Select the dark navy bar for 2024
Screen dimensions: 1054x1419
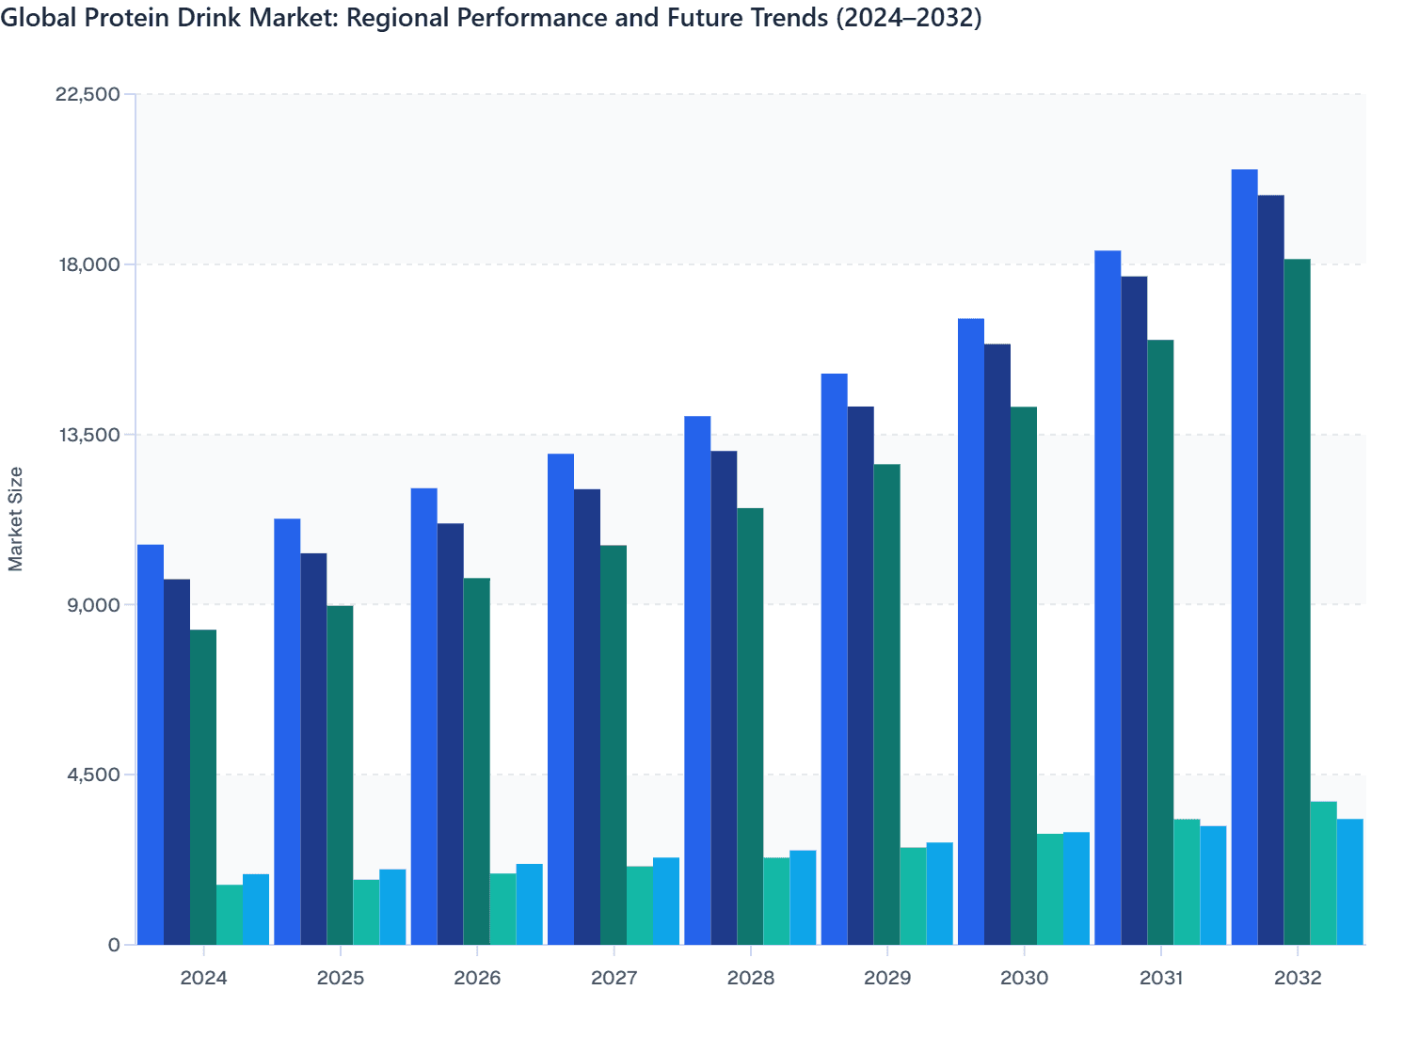click(x=177, y=762)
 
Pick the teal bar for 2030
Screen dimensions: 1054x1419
click(x=1050, y=889)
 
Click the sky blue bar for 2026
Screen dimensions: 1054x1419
click(x=529, y=904)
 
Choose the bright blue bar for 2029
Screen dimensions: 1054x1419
click(x=834, y=659)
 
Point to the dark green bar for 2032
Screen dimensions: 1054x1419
click(x=1297, y=602)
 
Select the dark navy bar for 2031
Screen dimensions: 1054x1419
click(x=1134, y=611)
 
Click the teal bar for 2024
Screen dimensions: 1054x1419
click(x=230, y=915)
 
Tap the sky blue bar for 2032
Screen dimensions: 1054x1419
click(x=1349, y=882)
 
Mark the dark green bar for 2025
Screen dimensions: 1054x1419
click(x=340, y=775)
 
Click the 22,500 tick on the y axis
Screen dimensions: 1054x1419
click(x=89, y=94)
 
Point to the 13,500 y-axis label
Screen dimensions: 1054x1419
click(x=89, y=435)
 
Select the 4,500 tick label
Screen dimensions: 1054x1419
click(x=95, y=775)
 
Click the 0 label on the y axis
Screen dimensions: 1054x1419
click(x=114, y=945)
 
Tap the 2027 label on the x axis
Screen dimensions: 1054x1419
click(x=614, y=978)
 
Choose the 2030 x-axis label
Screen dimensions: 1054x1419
click(x=1024, y=978)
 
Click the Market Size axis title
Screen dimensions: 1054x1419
click(x=16, y=519)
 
